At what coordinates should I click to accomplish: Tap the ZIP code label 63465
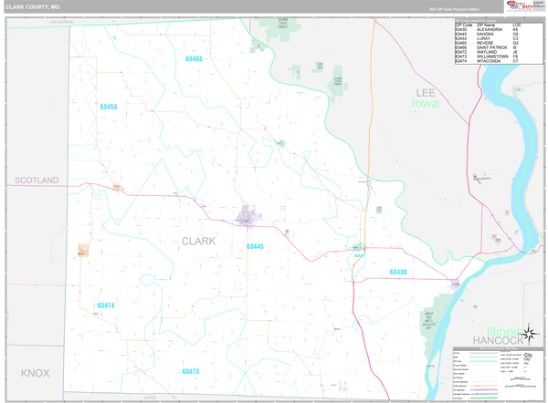(194, 58)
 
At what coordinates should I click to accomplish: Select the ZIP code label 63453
(108, 107)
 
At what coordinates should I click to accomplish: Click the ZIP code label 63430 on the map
(398, 272)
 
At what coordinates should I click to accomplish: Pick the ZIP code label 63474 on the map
(106, 305)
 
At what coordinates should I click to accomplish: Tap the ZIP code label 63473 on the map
(190, 371)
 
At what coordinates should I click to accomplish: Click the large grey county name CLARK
(199, 242)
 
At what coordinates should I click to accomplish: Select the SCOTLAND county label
(37, 181)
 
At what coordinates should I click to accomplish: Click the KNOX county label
(35, 374)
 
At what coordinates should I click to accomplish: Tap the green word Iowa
(425, 103)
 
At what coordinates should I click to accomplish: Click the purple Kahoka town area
(247, 217)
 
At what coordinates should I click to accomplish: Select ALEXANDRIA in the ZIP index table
(494, 30)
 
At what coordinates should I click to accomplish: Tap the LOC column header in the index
(517, 26)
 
